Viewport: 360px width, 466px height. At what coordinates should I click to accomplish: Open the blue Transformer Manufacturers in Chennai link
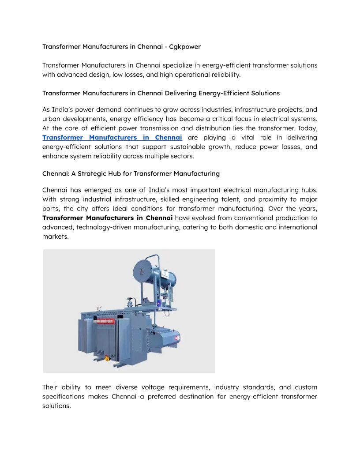[112, 137]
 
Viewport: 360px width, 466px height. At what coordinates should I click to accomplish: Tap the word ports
[51, 208]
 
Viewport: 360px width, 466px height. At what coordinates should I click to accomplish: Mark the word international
[296, 227]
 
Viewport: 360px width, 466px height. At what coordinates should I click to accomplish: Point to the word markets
[55, 236]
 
